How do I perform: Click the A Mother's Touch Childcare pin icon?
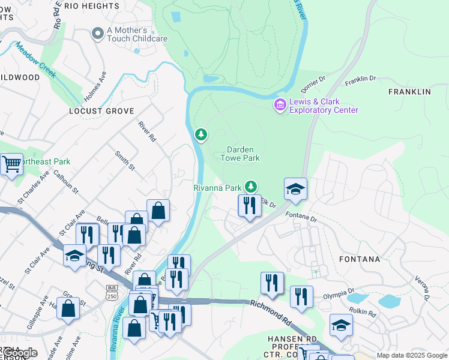97,35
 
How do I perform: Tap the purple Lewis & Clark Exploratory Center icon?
280,106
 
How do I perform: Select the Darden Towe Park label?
244,154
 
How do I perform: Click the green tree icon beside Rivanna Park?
253,187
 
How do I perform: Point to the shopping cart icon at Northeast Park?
11,164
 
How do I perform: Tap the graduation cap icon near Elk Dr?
295,190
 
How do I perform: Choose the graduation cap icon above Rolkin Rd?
341,325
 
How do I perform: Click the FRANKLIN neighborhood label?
409,92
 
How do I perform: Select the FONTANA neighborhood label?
359,259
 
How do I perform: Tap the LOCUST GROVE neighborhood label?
100,111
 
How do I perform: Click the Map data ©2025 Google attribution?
412,355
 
